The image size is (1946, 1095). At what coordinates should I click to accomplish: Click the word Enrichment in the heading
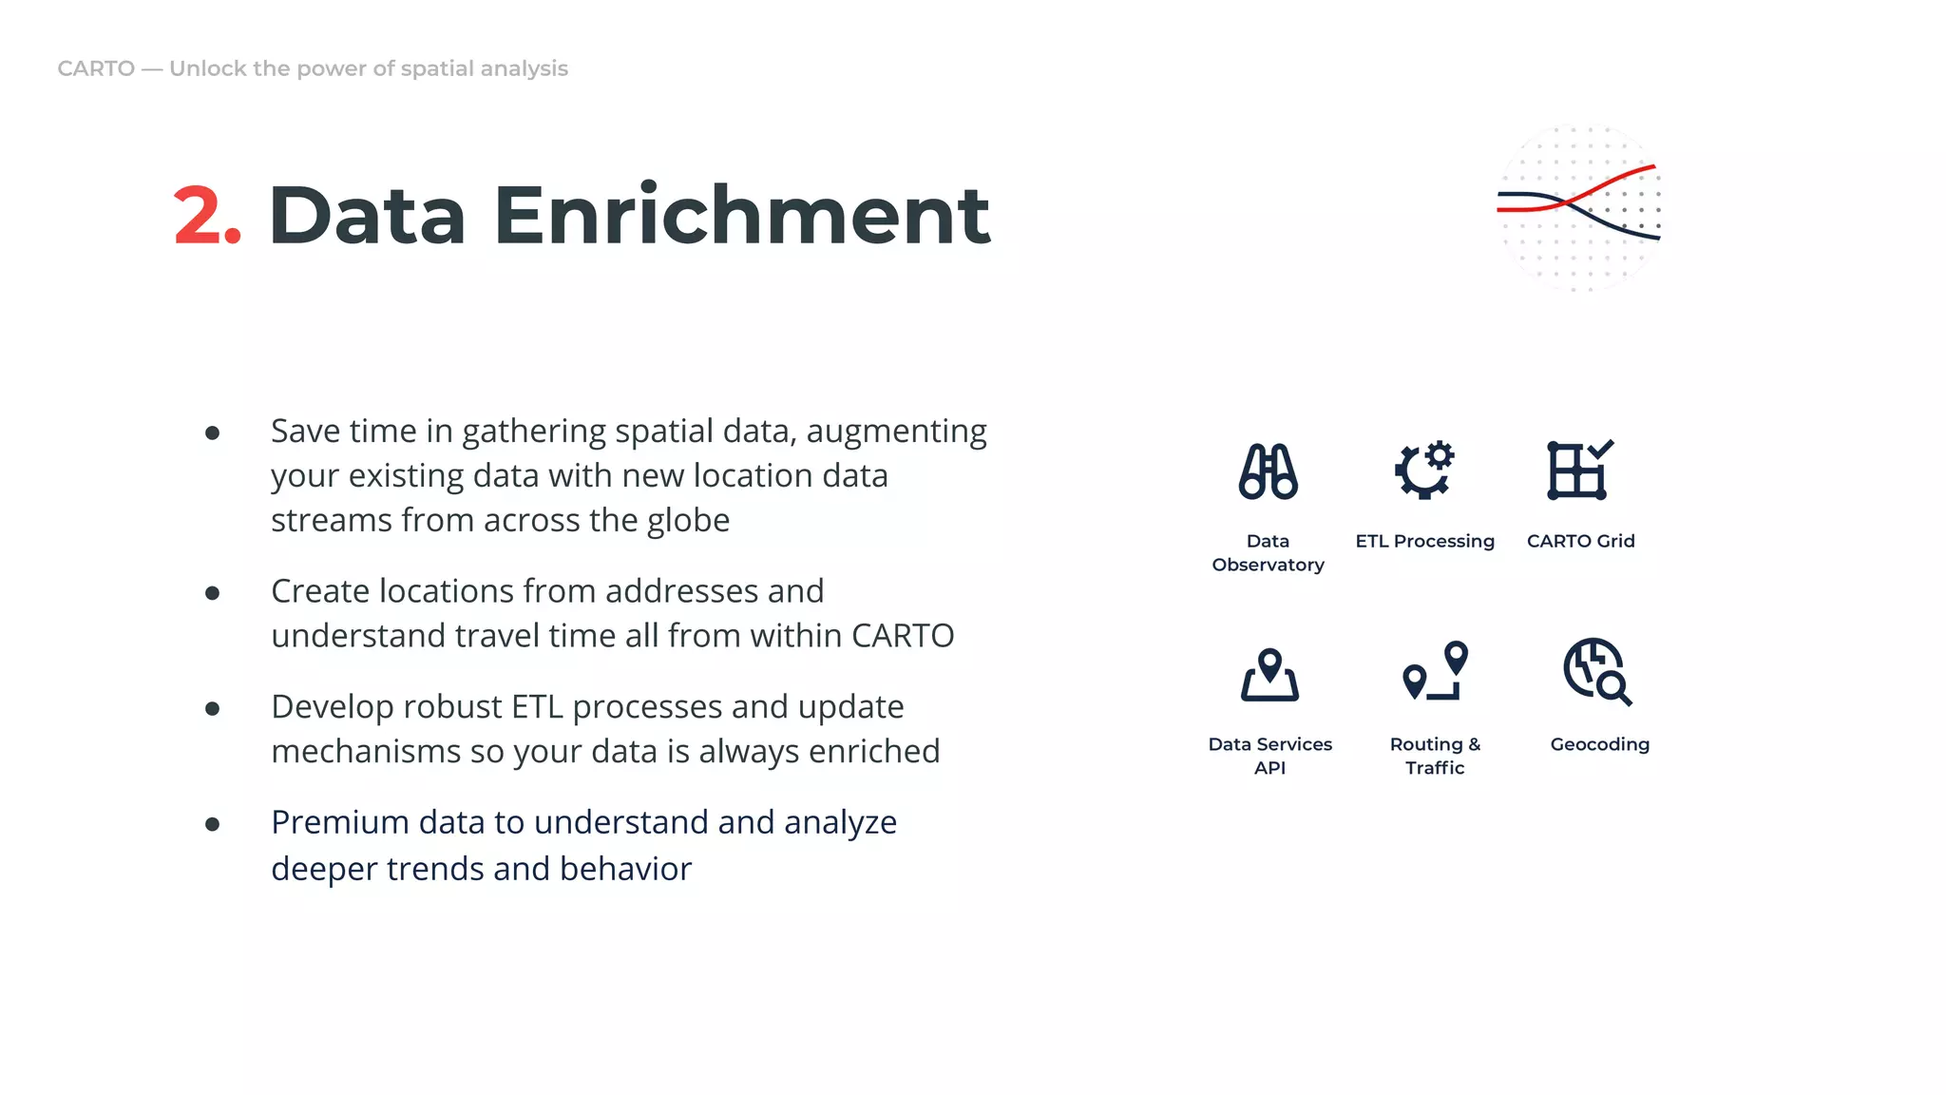[x=741, y=217]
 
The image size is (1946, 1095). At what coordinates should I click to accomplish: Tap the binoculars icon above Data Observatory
[x=1268, y=471]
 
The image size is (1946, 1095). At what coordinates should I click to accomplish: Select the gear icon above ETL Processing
[x=1424, y=470]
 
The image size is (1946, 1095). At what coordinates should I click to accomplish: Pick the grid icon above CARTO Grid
[x=1579, y=470]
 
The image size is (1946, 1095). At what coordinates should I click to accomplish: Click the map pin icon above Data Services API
[x=1269, y=675]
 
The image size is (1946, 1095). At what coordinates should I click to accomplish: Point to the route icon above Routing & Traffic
[x=1435, y=671]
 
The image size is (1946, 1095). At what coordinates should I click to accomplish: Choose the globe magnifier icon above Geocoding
[x=1596, y=671]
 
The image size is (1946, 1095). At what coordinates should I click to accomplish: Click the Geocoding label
[x=1599, y=744]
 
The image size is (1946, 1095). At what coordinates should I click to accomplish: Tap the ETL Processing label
[x=1424, y=541]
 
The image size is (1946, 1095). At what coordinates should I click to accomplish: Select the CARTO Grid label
[x=1580, y=541]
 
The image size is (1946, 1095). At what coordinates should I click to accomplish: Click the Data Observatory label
[x=1268, y=552]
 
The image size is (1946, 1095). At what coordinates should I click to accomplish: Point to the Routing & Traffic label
[x=1435, y=756]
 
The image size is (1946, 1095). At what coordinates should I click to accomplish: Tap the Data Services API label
[x=1269, y=756]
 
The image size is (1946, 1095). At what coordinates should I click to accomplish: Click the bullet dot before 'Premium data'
[x=213, y=824]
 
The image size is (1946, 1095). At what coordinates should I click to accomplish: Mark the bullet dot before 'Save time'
[x=213, y=433]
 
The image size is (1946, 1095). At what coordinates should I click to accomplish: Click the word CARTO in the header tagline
[x=96, y=68]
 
